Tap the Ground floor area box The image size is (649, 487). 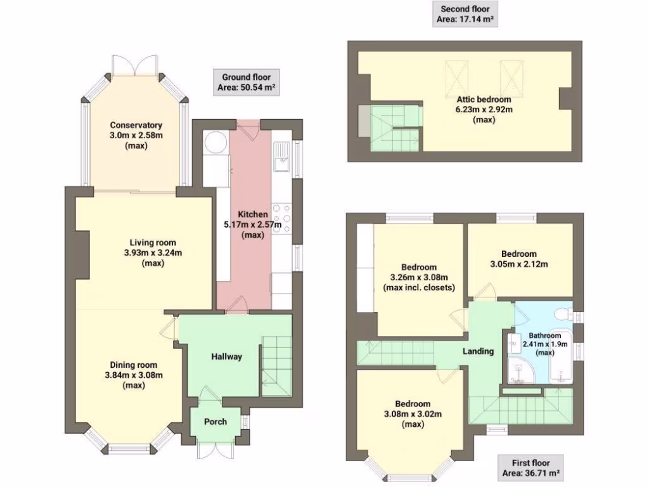[x=247, y=82]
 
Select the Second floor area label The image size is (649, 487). [x=465, y=15]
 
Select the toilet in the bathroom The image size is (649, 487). [x=560, y=314]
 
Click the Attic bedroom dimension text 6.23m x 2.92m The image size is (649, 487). [x=484, y=109]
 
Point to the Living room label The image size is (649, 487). [x=153, y=242]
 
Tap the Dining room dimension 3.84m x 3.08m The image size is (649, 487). [x=134, y=375]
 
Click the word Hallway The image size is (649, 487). [x=226, y=356]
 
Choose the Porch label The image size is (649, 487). [x=215, y=422]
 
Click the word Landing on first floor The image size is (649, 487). [x=478, y=351]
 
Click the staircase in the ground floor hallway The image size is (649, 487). [x=276, y=365]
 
